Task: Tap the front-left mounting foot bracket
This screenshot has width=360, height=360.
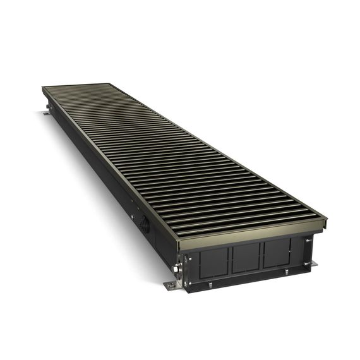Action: pyautogui.click(x=172, y=286)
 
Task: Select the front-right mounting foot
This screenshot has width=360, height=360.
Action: pyautogui.click(x=314, y=263)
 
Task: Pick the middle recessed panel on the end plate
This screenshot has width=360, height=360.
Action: pyautogui.click(x=246, y=255)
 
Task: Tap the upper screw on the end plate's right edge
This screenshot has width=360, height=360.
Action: pyautogui.click(x=309, y=240)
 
